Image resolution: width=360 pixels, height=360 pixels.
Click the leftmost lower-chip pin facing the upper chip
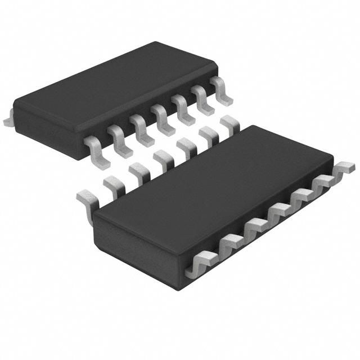click(85, 196)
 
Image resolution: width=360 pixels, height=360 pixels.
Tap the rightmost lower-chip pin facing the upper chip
click(228, 122)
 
